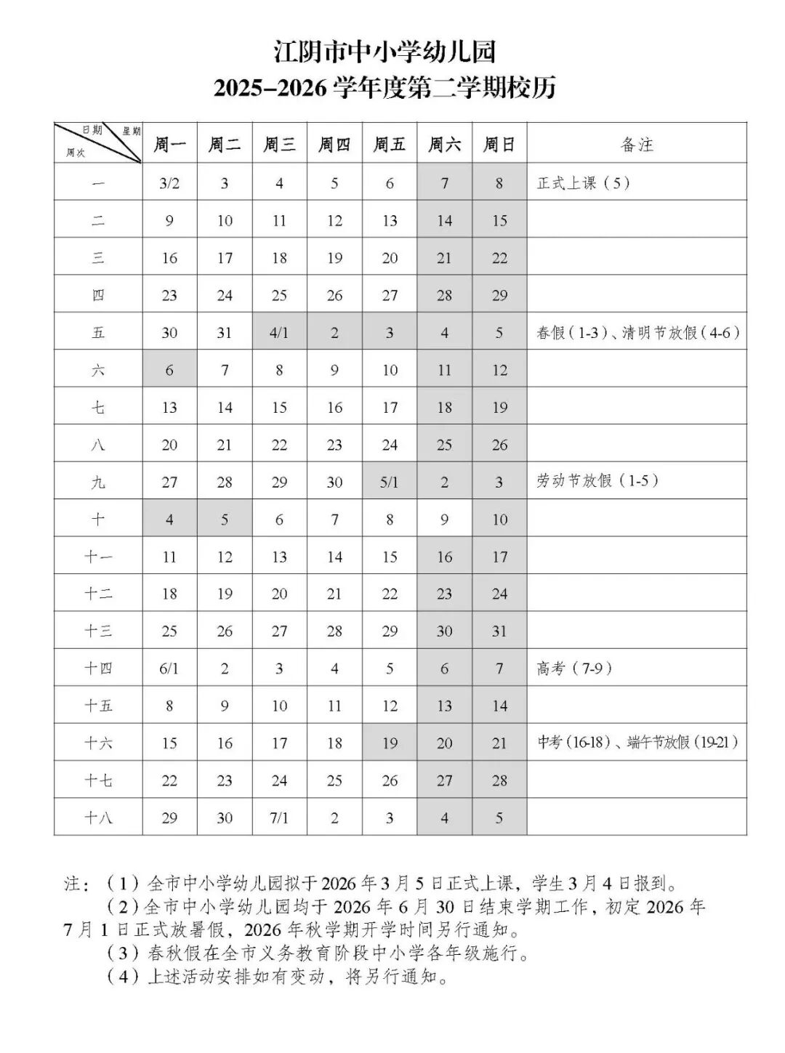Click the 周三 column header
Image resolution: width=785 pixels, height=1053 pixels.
click(x=279, y=145)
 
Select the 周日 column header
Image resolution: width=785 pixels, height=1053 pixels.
click(x=499, y=145)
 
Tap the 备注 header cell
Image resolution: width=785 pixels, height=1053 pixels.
click(x=637, y=145)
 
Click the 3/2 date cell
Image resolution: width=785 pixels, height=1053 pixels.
click(x=169, y=183)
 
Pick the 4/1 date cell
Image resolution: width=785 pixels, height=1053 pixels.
click(x=279, y=333)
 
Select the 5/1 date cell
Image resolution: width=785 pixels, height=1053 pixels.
click(x=390, y=483)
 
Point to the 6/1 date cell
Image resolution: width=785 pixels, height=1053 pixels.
click(x=169, y=669)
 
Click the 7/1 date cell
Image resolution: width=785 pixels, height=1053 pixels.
click(x=279, y=818)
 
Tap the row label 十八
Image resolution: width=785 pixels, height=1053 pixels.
click(x=98, y=818)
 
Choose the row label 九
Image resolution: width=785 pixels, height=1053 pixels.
click(x=98, y=483)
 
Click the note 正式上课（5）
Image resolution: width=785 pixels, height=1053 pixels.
click(x=583, y=183)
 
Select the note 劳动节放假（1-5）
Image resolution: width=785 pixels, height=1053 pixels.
click(x=597, y=481)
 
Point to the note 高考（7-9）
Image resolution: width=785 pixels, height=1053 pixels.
click(x=574, y=668)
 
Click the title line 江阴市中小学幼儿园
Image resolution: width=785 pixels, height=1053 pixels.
click(x=385, y=52)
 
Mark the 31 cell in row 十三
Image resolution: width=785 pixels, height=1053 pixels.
click(x=499, y=632)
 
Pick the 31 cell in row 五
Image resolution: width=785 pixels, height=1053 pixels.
click(x=225, y=333)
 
